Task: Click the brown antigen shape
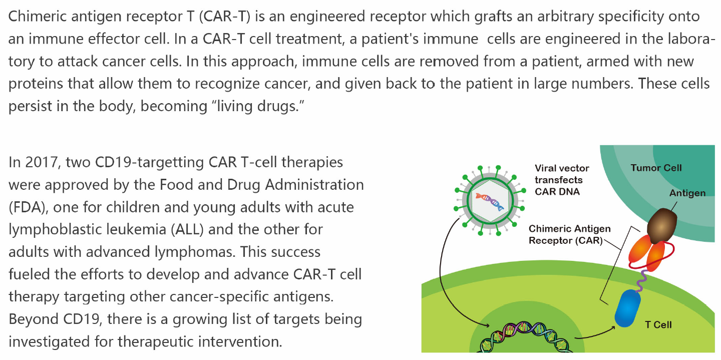(661, 224)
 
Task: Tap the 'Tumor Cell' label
(656, 168)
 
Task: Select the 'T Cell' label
(658, 324)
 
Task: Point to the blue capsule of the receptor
(627, 309)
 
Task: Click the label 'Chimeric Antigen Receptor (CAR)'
(570, 234)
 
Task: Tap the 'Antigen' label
(687, 193)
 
